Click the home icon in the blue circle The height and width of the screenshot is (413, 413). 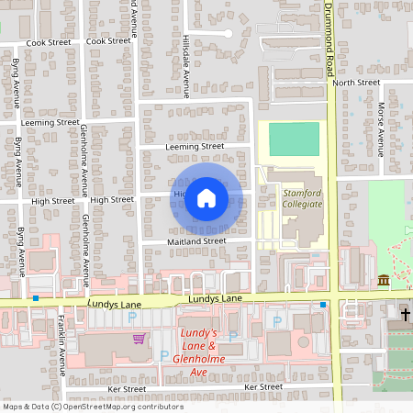[206, 198]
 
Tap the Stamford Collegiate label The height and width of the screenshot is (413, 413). [302, 198]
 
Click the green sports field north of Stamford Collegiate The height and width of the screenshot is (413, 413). [295, 140]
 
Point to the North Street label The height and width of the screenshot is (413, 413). [356, 83]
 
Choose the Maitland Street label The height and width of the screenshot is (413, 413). [195, 241]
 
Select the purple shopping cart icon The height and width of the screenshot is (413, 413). [139, 339]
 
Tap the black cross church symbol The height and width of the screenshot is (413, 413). [405, 315]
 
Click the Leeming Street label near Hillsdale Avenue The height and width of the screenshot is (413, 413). [195, 146]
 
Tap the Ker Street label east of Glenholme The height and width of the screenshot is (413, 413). [263, 387]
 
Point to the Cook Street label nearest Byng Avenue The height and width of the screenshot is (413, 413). [49, 42]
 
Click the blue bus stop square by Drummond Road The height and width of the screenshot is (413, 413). [324, 304]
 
